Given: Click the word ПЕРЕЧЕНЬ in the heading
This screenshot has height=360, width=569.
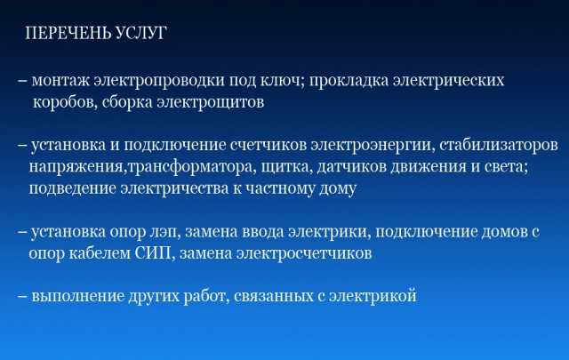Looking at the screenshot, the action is (x=68, y=33).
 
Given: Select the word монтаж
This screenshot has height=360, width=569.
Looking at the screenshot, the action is (x=60, y=81).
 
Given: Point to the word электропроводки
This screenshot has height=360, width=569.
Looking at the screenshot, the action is (x=159, y=81).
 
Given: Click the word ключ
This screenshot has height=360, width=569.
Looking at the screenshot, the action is (x=283, y=80).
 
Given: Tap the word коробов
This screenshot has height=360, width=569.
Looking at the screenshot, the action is (x=65, y=102).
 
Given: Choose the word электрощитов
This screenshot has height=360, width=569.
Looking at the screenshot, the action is (x=211, y=103).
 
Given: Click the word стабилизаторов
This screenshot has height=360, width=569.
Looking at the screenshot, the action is (x=499, y=145).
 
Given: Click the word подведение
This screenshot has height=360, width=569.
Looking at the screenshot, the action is (x=72, y=188).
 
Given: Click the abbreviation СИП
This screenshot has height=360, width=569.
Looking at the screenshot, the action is (x=152, y=253).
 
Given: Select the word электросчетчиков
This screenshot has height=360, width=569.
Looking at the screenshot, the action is (x=304, y=253).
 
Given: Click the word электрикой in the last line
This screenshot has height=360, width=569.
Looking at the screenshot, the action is (x=373, y=296).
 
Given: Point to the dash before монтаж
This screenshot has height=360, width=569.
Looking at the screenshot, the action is (x=21, y=81).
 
